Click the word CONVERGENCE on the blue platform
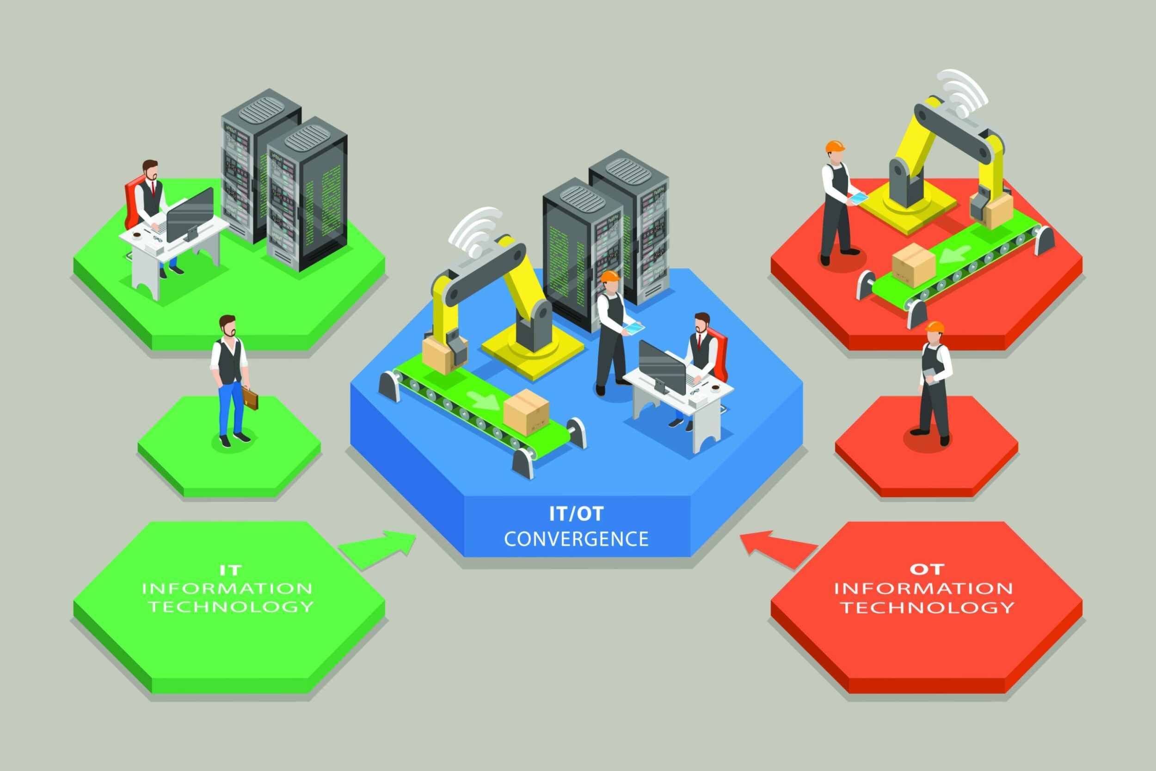[576, 539]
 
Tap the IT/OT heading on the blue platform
[576, 514]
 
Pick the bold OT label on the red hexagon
[927, 569]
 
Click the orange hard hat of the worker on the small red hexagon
[934, 327]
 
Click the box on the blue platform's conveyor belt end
[526, 412]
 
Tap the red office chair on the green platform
[132, 204]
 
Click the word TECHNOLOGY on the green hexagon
[231, 606]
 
